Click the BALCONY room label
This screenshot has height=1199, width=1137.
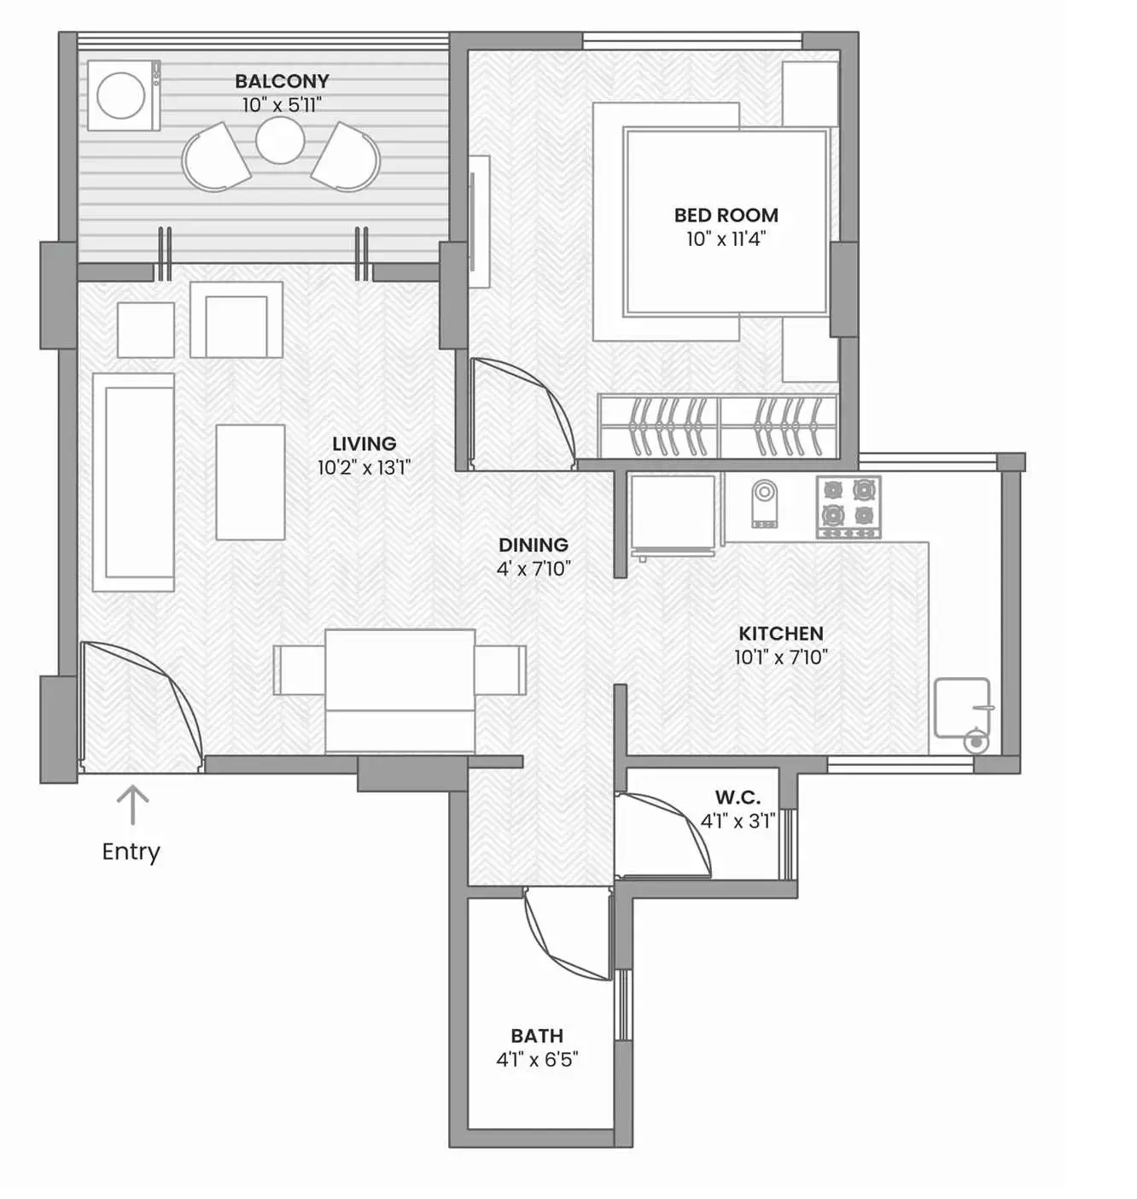click(x=282, y=81)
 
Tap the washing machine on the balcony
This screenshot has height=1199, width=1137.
click(x=123, y=95)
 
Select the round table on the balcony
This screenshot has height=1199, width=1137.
click(x=280, y=140)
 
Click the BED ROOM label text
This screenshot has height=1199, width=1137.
click(x=726, y=215)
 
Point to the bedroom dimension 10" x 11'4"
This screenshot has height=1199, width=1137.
click(x=726, y=239)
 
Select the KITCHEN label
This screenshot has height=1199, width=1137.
click(x=780, y=634)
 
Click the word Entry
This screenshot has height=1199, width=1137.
click(x=131, y=851)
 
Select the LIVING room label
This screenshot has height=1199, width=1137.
click(x=364, y=444)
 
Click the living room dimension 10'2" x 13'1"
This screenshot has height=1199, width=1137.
click(x=364, y=468)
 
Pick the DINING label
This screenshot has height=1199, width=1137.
click(x=533, y=545)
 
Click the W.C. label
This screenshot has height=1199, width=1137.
click(x=738, y=798)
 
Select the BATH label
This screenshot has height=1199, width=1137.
click(x=537, y=1036)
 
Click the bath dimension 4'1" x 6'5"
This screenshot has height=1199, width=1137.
click(x=537, y=1060)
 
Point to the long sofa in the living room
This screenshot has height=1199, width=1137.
click(x=134, y=482)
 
